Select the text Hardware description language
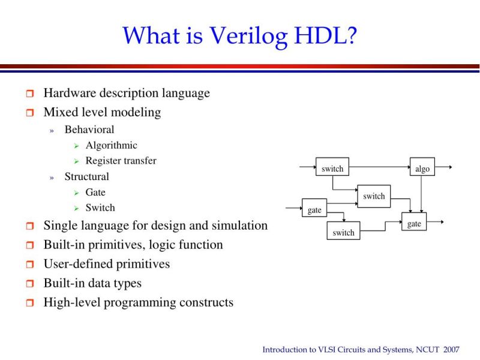pos(127,93)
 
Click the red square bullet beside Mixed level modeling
pos(30,113)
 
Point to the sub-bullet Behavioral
pos(89,130)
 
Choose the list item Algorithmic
pos(111,145)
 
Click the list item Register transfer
pos(121,161)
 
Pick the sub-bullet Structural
pos(86,176)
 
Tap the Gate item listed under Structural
pos(95,192)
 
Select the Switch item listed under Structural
pos(100,208)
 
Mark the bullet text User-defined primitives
pos(106,264)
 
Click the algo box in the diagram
pos(422,167)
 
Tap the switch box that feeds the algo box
pos(332,167)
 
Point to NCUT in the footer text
pos(426,349)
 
